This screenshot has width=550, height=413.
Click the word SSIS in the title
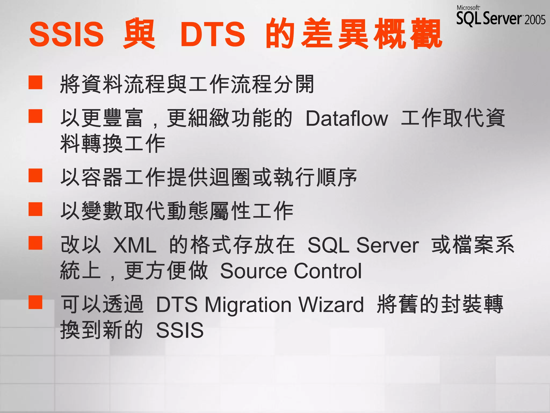(66, 34)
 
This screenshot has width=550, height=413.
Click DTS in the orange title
(213, 34)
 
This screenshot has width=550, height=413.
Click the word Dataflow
(347, 119)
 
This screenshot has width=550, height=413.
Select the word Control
(328, 271)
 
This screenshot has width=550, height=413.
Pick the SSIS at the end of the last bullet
(180, 330)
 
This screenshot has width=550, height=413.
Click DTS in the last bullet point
(177, 305)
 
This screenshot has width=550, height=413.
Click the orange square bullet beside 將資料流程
(35, 82)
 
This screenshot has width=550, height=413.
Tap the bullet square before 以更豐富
(35, 116)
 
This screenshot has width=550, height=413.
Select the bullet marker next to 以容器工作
(35, 176)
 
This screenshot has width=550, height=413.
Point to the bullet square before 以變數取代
(35, 209)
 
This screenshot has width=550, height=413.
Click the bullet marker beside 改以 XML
(35, 243)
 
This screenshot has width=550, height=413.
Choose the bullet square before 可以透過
(35, 302)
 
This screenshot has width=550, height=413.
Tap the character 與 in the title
(139, 34)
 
